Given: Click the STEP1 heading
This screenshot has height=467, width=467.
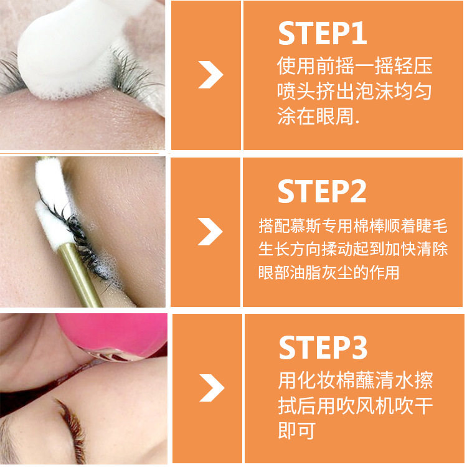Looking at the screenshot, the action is pos(323,33).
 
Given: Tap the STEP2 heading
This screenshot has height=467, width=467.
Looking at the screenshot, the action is pos(322,191).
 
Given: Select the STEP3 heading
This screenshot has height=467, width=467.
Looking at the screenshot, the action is pos(323,347).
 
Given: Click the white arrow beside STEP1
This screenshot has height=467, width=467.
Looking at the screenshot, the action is pos(211,75).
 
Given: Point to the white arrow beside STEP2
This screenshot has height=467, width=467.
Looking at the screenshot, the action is pos(210,232).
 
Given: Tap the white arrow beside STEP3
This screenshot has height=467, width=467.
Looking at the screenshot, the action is pos(212,388).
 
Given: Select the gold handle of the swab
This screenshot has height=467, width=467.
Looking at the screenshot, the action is pos(80,275).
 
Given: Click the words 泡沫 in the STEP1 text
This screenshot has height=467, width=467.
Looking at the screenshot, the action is pos(374,91).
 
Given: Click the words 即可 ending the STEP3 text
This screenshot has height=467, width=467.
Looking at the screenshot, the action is pos(297,431).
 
